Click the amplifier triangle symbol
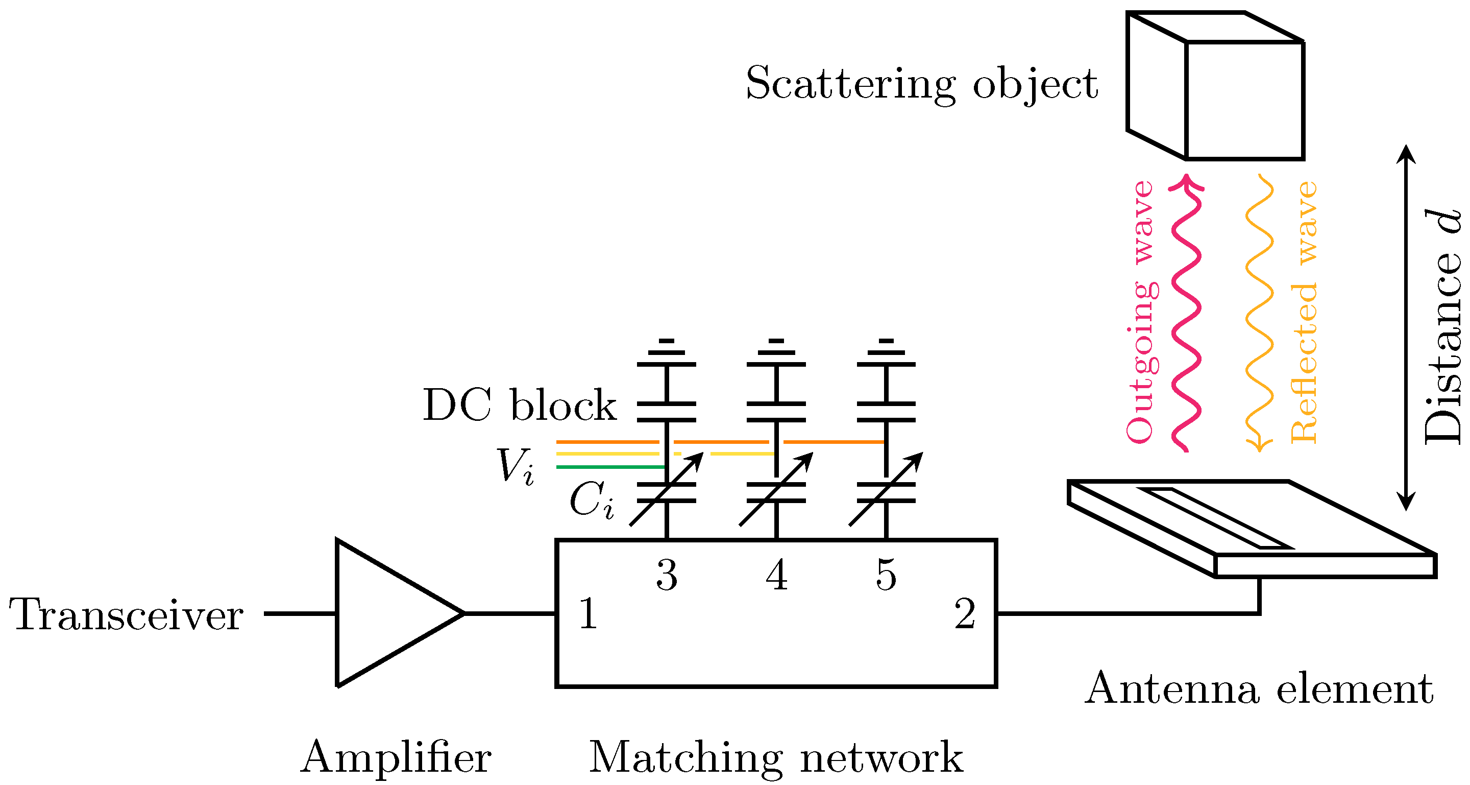pyautogui.click(x=388, y=614)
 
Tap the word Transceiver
pyautogui.click(x=127, y=615)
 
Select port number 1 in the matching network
pyautogui.click(x=588, y=614)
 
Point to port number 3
pyautogui.click(x=667, y=575)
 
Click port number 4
pyautogui.click(x=776, y=575)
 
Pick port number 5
pyautogui.click(x=886, y=575)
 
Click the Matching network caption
pyautogui.click(x=776, y=758)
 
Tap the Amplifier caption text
pyautogui.click(x=396, y=758)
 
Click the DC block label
pyautogui.click(x=519, y=406)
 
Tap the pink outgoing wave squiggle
pyautogui.click(x=1187, y=314)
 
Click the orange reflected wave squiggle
pyautogui.click(x=1259, y=314)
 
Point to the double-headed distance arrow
pyautogui.click(x=1406, y=328)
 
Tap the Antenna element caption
pyautogui.click(x=1258, y=689)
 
